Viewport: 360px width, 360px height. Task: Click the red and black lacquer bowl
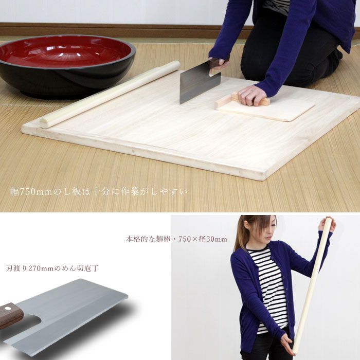(66, 65)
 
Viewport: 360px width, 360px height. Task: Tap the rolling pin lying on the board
(110, 94)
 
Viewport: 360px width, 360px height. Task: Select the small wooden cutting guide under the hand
(264, 107)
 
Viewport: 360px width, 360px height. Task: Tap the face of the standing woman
(266, 234)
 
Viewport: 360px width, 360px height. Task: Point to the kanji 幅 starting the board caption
(15, 192)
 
